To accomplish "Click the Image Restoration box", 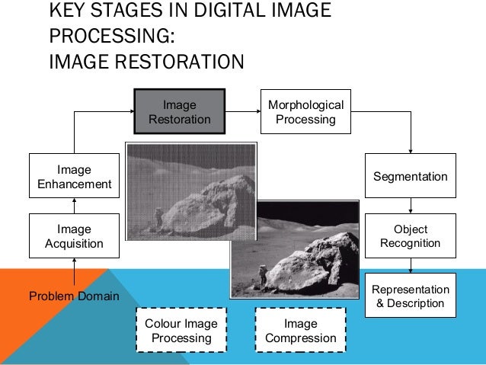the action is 180,112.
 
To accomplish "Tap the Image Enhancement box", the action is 74,176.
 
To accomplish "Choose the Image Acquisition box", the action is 74,236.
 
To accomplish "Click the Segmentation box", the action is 411,176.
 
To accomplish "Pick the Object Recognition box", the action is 411,236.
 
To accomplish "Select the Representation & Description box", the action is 411,296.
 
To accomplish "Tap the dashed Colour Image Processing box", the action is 181,331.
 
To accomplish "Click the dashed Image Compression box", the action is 300,331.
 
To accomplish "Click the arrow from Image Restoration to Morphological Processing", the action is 241,112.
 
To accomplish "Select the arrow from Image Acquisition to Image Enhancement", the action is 74,206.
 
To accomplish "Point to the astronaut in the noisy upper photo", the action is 158,217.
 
